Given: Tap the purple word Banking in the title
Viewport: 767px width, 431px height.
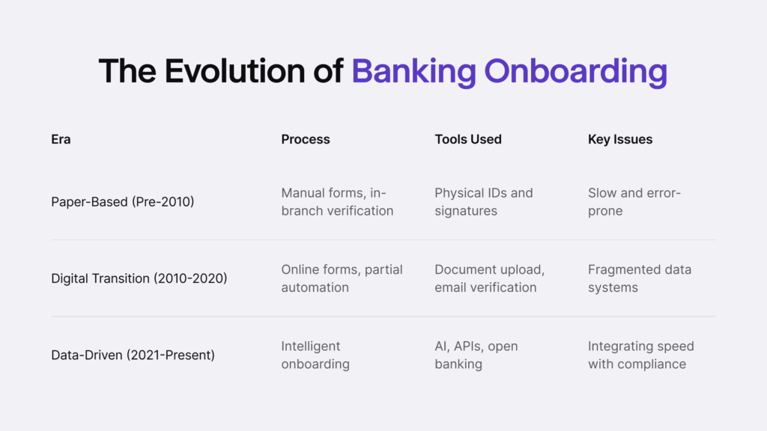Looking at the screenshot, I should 413,71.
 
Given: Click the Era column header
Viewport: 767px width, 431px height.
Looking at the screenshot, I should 61,139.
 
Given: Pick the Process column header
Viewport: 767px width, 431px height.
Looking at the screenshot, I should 306,139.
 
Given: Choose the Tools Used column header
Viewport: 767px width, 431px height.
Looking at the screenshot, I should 468,139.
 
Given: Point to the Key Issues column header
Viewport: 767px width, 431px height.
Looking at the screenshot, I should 620,139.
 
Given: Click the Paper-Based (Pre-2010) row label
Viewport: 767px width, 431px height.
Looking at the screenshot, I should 123,201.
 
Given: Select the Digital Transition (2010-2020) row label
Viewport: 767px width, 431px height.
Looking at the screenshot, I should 139,278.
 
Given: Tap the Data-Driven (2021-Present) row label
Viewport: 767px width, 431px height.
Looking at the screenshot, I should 133,355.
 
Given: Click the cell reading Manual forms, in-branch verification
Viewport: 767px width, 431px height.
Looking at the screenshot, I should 337,201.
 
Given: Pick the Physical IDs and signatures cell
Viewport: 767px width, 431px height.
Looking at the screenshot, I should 484,201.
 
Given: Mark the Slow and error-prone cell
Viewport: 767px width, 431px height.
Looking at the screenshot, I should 634,201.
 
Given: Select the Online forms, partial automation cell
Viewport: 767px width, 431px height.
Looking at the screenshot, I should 342,278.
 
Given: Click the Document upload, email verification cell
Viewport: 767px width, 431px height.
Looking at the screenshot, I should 490,278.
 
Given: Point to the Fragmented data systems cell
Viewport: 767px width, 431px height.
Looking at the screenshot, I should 640,278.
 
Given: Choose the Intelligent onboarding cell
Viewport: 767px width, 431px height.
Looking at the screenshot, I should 315,355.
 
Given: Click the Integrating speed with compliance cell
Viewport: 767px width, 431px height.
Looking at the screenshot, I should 641,355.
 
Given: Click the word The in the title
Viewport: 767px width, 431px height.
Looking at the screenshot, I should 128,71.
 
